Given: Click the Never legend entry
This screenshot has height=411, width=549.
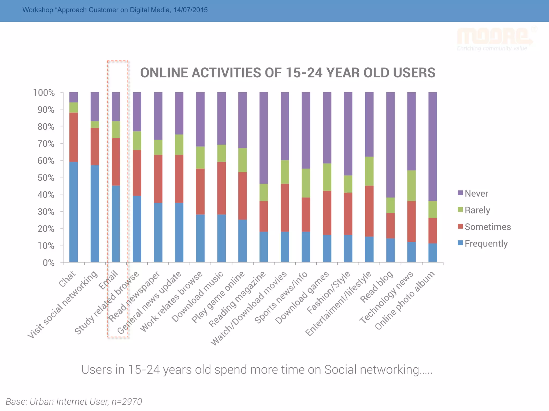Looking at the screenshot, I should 473,193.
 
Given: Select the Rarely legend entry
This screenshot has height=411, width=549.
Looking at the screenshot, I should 474,210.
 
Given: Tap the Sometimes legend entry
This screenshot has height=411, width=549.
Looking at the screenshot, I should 484,227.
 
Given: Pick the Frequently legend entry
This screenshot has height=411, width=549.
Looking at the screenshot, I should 483,243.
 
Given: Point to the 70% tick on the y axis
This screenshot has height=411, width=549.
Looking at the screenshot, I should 46,144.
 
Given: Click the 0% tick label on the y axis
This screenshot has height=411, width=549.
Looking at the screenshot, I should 49,263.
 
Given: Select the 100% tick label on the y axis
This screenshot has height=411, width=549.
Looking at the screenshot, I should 44,93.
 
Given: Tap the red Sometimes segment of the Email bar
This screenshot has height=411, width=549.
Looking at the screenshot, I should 116,162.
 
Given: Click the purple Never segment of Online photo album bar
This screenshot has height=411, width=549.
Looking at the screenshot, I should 432,146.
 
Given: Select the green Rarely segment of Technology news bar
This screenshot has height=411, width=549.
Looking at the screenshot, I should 411,185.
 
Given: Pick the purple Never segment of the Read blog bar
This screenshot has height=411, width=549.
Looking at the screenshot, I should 390,144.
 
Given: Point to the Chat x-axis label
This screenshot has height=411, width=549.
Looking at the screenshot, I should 67,279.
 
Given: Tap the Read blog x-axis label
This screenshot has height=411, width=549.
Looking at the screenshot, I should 377,286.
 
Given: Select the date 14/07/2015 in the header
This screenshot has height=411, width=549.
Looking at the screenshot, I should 190,10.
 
